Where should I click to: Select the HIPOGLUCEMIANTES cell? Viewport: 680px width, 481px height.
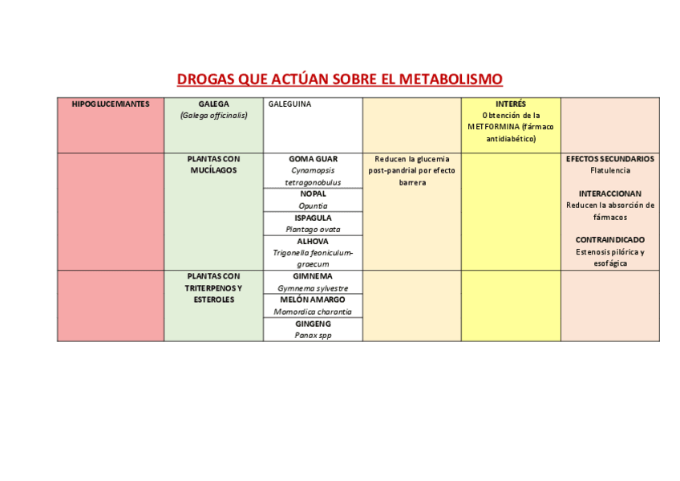coord(111,104)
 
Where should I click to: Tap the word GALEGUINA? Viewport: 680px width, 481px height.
coord(289,104)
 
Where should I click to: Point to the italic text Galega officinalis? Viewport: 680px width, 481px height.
coord(213,115)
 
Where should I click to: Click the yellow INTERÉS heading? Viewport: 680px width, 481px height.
coord(511,104)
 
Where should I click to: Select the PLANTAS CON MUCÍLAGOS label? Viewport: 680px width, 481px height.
coord(213,165)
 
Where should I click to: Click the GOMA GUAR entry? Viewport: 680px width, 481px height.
coord(313,159)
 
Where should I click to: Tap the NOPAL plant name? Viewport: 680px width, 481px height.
coord(313,194)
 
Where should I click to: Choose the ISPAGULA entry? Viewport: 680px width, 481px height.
coord(313,218)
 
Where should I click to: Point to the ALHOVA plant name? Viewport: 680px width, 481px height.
coord(313,241)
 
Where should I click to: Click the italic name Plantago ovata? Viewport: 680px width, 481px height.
coord(313,229)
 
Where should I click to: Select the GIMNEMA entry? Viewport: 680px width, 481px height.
coord(313,276)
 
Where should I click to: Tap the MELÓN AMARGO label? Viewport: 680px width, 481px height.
coord(313,300)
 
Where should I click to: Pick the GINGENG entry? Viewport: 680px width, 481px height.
coord(313,324)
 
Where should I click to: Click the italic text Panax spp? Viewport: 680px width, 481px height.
coord(313,335)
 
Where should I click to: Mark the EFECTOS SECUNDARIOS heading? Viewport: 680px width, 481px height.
coord(609,159)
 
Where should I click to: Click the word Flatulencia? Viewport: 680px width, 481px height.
coord(609,170)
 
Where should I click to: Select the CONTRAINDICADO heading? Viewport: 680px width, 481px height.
coord(609,240)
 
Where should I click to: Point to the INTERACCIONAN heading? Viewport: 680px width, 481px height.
coord(609,194)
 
